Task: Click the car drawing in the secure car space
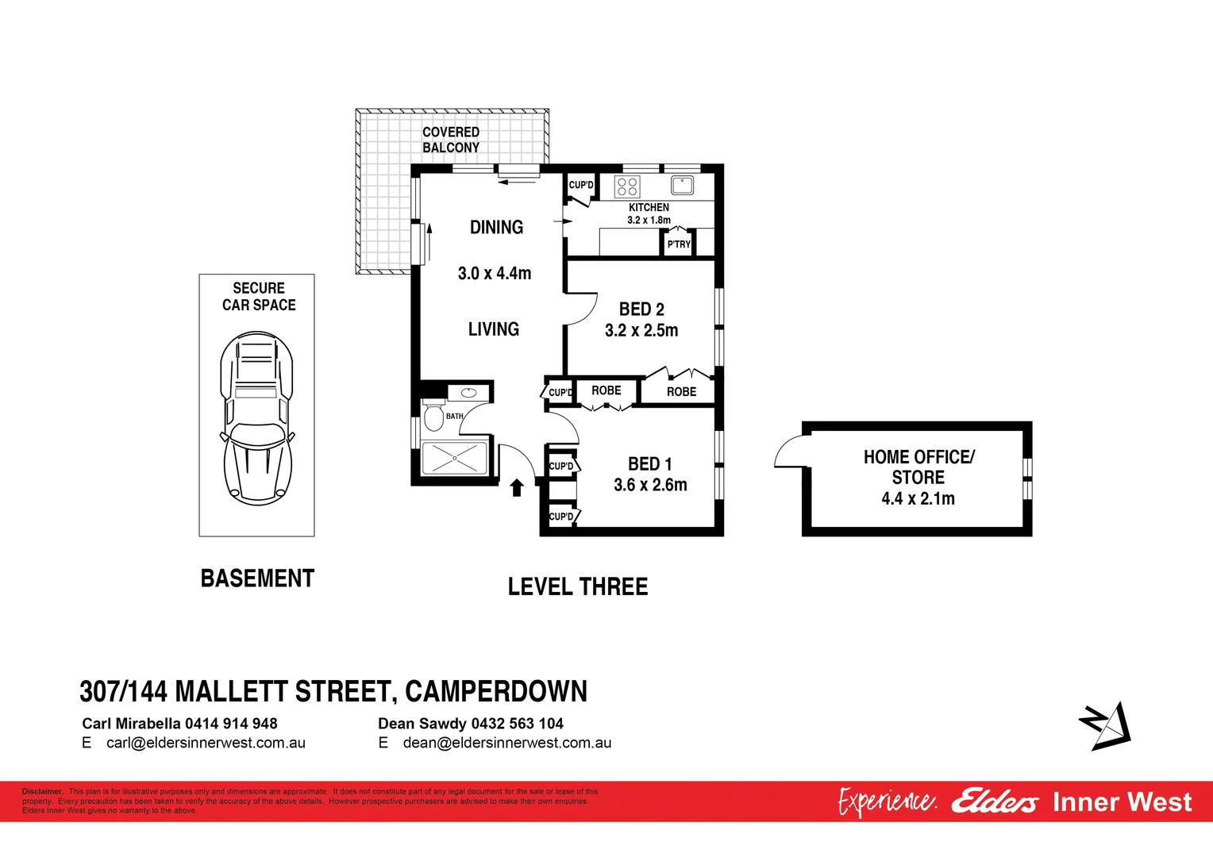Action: coord(256,418)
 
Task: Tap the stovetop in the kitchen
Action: coord(627,186)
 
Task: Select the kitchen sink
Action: coord(682,186)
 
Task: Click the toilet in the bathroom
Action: coord(433,417)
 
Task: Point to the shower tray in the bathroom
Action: coord(454,458)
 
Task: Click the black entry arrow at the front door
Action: coord(517,487)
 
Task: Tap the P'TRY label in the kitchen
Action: coord(679,244)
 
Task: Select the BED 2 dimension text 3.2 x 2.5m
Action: coord(641,331)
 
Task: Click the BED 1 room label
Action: coord(649,464)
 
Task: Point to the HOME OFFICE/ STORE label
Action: coord(918,467)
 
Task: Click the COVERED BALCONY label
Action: coord(451,140)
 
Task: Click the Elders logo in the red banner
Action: coord(994,801)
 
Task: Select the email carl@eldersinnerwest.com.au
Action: coord(206,744)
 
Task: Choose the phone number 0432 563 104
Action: coord(517,724)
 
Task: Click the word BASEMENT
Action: coord(257,578)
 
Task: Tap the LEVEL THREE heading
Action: coord(578,587)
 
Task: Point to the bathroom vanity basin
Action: coord(468,392)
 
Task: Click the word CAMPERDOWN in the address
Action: coord(496,692)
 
